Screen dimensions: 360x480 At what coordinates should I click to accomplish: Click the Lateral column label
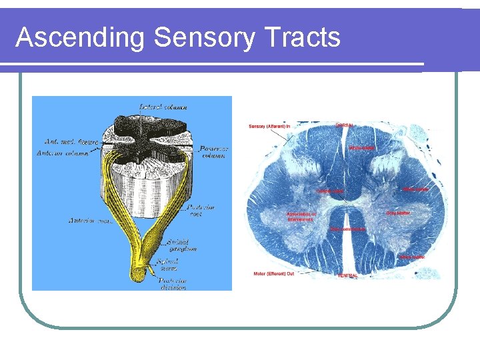[163, 106]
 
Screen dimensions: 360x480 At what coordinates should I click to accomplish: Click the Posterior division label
[173, 285]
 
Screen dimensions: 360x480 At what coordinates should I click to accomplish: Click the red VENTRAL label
[347, 275]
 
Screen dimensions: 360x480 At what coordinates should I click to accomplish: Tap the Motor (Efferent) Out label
[273, 273]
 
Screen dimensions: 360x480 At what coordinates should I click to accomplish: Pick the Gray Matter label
[399, 213]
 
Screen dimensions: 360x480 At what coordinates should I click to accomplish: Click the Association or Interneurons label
[301, 217]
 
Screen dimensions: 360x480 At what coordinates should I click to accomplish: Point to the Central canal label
[330, 191]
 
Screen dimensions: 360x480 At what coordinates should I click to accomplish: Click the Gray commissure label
[347, 229]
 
